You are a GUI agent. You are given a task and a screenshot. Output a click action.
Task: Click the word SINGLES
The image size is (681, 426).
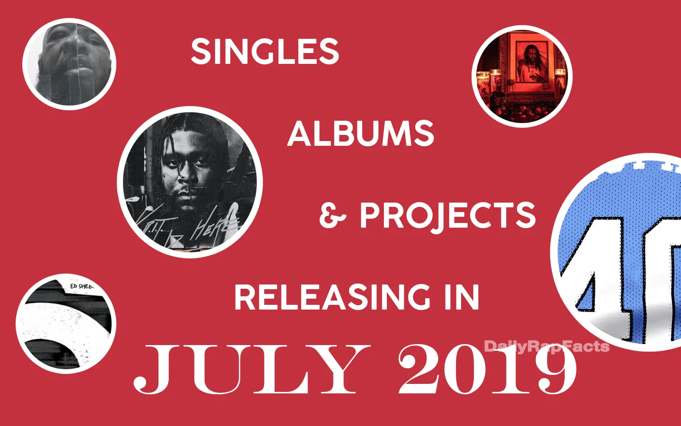coord(265,52)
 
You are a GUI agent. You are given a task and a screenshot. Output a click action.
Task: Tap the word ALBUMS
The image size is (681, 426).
coord(360,133)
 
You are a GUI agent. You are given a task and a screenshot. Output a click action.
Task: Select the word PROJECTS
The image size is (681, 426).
coord(447,215)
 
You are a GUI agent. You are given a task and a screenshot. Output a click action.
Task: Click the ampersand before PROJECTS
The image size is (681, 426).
coord(332,216)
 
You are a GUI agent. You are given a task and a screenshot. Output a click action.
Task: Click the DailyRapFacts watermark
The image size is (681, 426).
coord(547,346)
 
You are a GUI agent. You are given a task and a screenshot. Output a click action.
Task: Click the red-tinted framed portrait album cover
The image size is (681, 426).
coord(522,77)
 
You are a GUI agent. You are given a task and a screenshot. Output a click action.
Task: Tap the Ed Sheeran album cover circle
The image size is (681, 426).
coord(66,324)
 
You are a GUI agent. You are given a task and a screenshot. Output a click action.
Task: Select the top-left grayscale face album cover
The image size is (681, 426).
coord(69,64)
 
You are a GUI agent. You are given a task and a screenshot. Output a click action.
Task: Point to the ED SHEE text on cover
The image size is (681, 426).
coord(81,286)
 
